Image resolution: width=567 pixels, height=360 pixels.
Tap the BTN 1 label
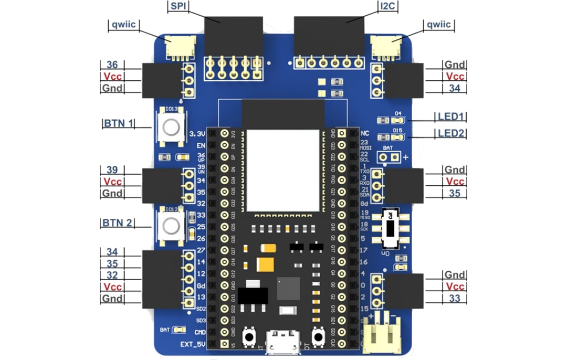[x=118, y=124]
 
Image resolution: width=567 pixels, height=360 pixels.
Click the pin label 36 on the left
[x=112, y=65]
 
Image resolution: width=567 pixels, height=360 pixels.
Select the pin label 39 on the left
[x=112, y=170]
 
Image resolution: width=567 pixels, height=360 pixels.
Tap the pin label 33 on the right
[x=454, y=299]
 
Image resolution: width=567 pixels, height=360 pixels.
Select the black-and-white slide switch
[x=391, y=229]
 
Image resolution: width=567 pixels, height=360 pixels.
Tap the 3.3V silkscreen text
[x=196, y=133]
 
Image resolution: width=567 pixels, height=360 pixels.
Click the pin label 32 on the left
[x=112, y=276]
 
